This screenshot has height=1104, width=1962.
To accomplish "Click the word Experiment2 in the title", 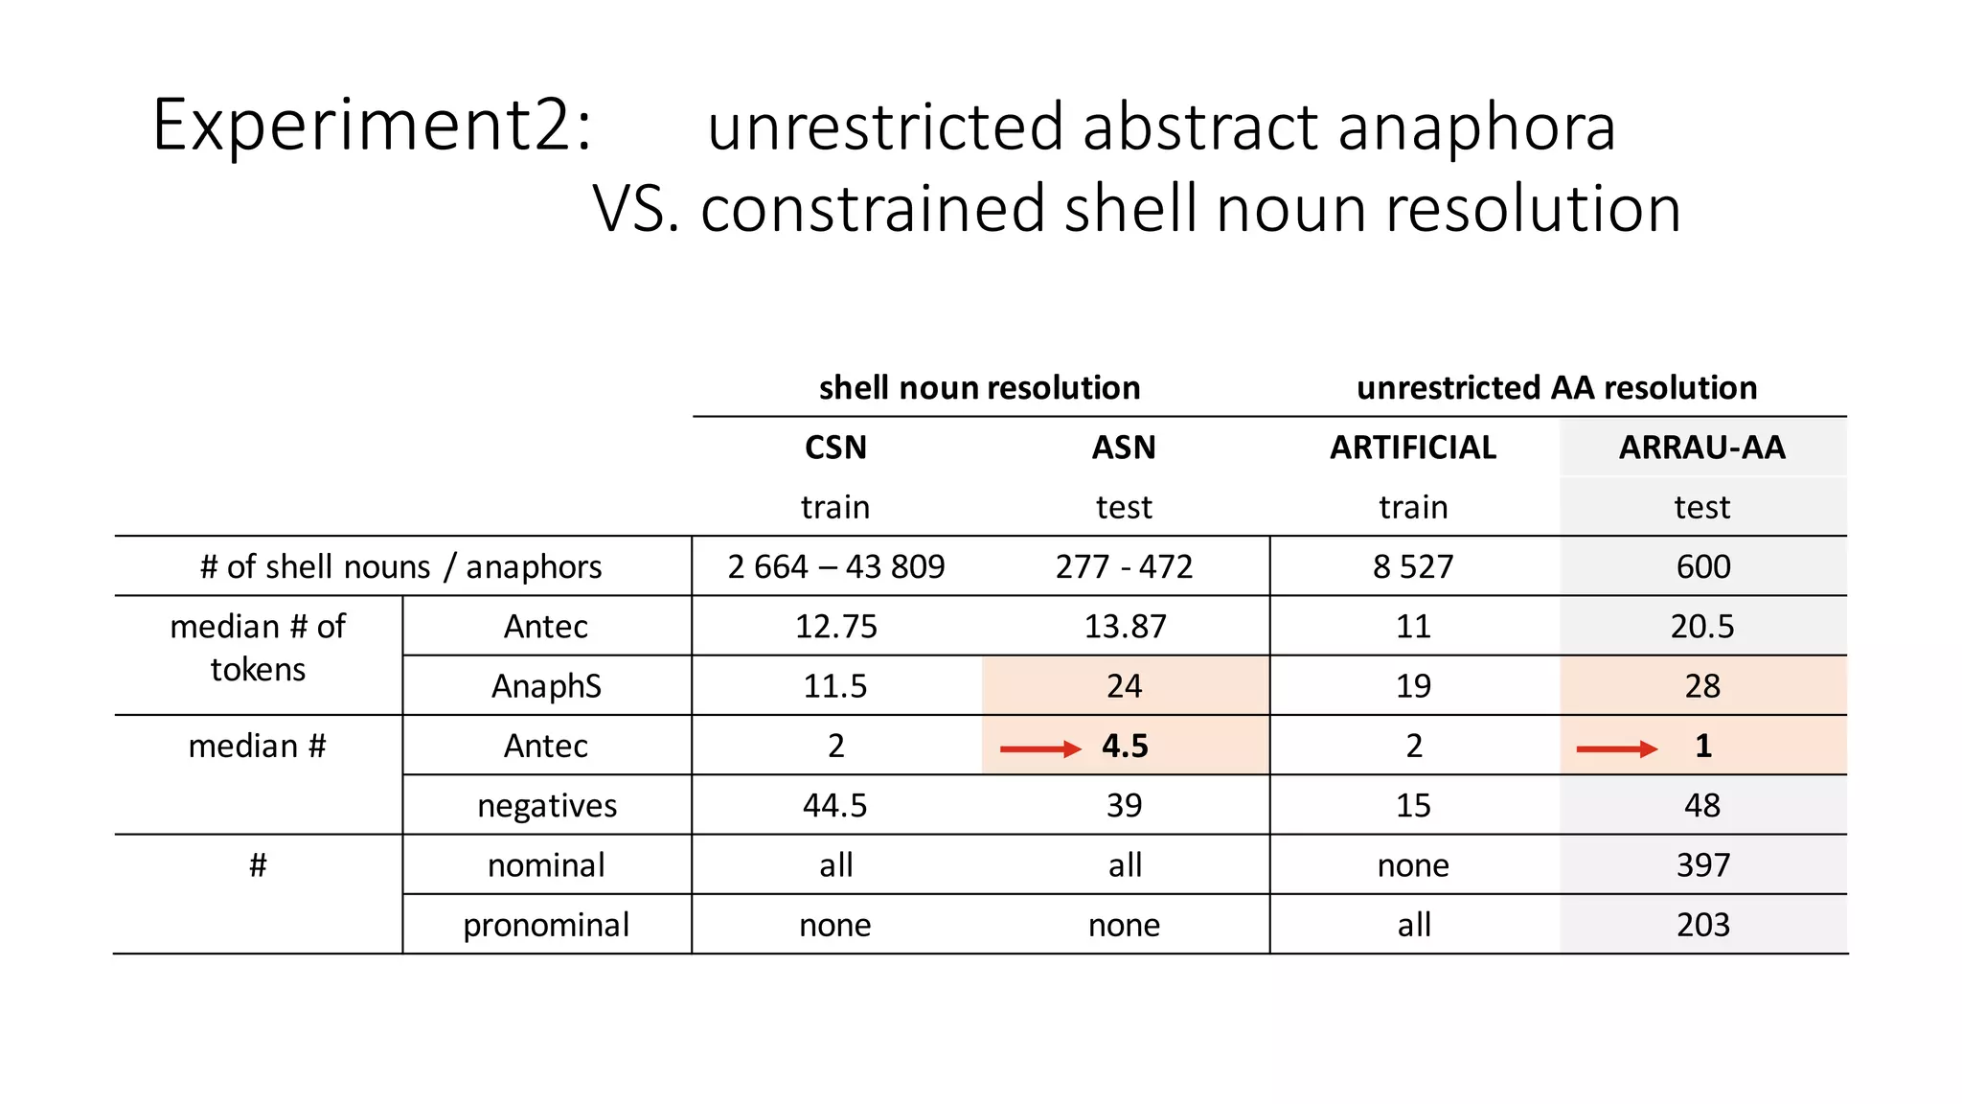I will (x=372, y=126).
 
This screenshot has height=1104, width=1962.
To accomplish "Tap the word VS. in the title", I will (x=635, y=209).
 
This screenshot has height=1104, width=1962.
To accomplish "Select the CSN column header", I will (x=835, y=448).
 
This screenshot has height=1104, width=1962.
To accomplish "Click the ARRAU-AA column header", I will (x=1701, y=448).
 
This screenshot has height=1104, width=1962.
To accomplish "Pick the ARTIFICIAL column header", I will (x=1412, y=448).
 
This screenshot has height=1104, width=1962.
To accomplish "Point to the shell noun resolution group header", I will (x=979, y=387).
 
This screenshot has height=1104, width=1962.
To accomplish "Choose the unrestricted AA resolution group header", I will (x=1557, y=387).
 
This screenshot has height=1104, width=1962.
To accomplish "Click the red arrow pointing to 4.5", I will (x=1039, y=748).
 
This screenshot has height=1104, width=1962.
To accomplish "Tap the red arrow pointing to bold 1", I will (x=1616, y=748).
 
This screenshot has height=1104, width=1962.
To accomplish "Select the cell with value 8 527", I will (x=1413, y=566).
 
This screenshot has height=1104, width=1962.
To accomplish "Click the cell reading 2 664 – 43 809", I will (x=835, y=566).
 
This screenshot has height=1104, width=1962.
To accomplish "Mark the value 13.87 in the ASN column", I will (x=1125, y=627).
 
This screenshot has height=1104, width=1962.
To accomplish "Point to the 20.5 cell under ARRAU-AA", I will (x=1702, y=627).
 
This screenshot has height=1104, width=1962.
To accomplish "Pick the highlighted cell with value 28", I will (x=1702, y=686).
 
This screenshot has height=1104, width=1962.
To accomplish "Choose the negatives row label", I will (x=547, y=806).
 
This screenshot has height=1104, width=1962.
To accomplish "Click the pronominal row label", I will (x=546, y=925).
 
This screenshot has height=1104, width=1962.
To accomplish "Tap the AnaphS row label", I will (x=546, y=686).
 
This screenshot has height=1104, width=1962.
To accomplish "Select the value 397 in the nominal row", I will (x=1702, y=865).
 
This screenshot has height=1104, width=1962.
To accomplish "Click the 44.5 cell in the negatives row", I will (x=835, y=806).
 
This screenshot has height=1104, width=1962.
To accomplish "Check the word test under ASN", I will (x=1124, y=507).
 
